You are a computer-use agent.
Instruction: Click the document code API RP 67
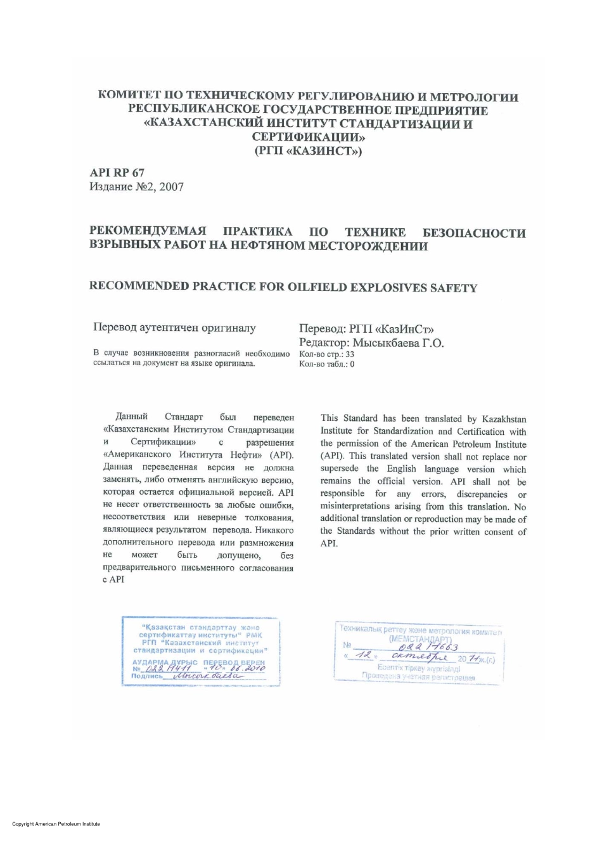tap(117, 172)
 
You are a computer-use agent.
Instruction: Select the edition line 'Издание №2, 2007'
tap(136, 186)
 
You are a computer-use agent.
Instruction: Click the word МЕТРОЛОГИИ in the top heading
tap(474, 97)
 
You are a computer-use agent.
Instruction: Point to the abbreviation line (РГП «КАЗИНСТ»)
tap(308, 151)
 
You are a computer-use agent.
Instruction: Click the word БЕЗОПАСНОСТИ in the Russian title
tap(474, 233)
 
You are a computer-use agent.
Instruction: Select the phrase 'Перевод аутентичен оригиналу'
tap(174, 328)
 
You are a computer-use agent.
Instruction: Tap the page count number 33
tap(350, 354)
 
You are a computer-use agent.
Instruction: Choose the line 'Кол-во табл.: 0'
tap(326, 364)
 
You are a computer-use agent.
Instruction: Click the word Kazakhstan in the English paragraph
tap(504, 419)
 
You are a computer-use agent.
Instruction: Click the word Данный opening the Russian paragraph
tap(131, 416)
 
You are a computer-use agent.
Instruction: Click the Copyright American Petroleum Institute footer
tap(56, 824)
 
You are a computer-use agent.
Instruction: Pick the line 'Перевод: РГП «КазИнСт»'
tap(366, 329)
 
